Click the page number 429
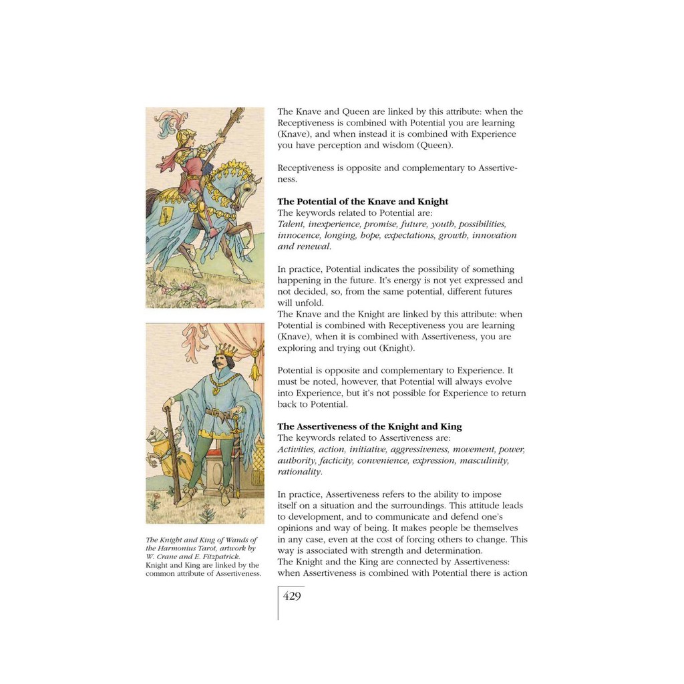[292, 596]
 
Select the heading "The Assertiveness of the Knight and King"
[369, 427]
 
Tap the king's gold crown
[225, 350]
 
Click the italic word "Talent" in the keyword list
[291, 224]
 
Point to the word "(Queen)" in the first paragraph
[435, 146]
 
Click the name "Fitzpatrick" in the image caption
[216, 556]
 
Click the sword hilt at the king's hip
[230, 419]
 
